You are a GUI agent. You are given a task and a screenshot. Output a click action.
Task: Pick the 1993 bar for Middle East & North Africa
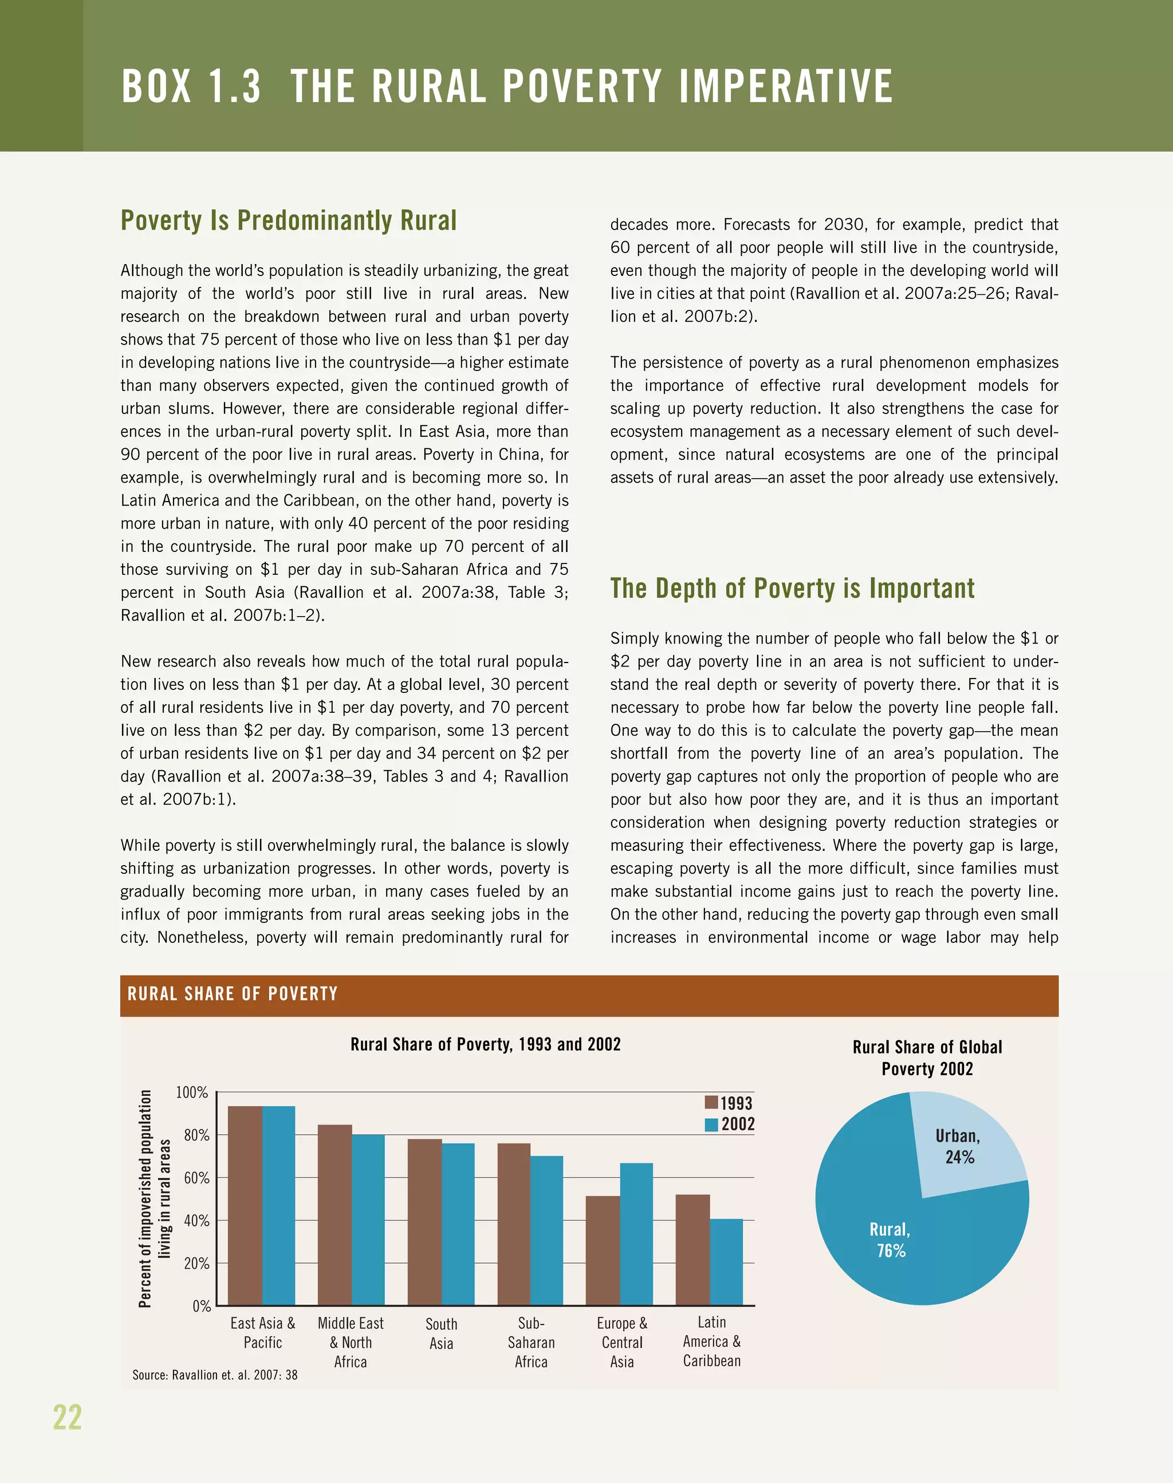click(334, 1214)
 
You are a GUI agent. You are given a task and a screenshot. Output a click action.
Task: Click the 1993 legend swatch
click(711, 1103)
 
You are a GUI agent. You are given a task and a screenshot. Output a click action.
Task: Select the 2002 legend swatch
click(711, 1125)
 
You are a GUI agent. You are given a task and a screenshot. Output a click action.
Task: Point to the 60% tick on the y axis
click(196, 1178)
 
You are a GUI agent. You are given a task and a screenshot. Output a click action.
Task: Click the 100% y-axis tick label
click(192, 1092)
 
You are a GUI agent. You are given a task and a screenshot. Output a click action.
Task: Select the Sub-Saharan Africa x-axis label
click(531, 1342)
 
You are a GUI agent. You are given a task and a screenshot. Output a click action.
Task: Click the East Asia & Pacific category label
click(262, 1332)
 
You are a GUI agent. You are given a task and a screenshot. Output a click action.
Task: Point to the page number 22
click(68, 1418)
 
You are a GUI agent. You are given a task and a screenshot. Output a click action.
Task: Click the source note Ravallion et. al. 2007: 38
click(215, 1375)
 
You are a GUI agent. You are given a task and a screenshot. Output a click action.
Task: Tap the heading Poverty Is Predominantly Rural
click(289, 220)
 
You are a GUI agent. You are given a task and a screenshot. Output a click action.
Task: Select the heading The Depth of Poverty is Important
click(792, 589)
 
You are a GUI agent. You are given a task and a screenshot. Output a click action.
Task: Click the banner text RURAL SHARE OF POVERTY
click(233, 993)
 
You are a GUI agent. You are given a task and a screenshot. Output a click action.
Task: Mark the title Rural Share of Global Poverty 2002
click(927, 1058)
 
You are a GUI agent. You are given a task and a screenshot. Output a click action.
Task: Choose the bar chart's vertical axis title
click(155, 1198)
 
